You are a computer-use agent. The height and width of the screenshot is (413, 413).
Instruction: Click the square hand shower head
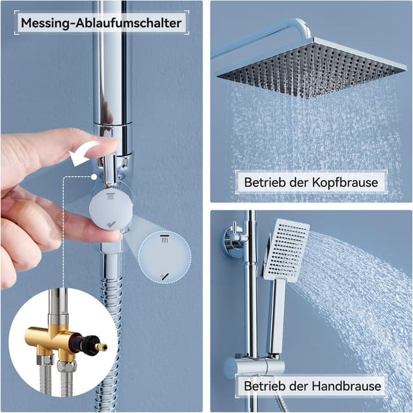pos(286,248)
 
